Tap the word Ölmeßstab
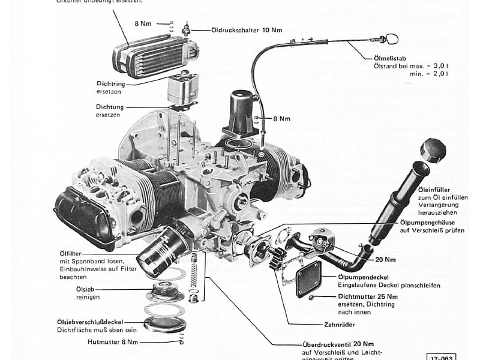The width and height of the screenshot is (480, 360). pyautogui.click(x=386, y=58)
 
